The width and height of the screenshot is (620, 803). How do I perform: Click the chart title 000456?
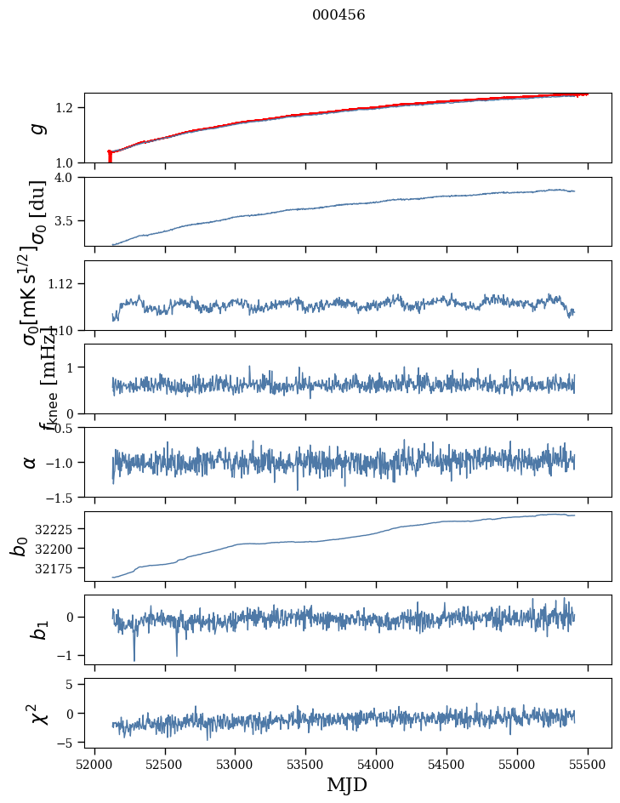[x=338, y=14]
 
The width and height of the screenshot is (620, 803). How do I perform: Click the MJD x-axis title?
[x=347, y=784]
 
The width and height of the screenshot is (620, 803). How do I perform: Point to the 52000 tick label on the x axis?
[x=94, y=763]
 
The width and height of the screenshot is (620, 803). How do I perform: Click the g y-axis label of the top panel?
[x=36, y=128]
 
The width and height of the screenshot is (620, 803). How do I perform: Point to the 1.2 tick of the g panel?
[x=68, y=108]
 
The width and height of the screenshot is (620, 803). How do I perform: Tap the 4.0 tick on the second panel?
[x=68, y=177]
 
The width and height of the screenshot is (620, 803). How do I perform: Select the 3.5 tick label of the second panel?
[x=68, y=221]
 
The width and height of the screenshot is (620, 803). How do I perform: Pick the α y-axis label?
[x=31, y=462]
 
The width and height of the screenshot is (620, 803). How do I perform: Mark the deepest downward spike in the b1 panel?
[x=134, y=659]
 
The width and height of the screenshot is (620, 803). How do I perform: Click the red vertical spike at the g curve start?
[x=110, y=157]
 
